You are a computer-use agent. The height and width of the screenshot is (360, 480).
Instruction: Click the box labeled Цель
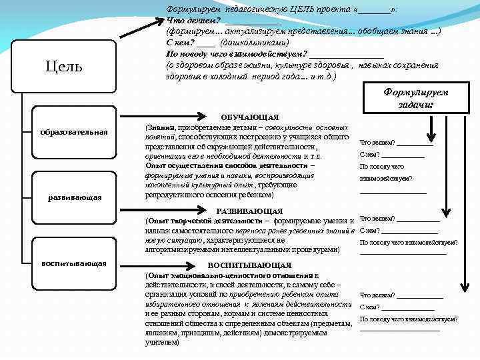click(64, 67)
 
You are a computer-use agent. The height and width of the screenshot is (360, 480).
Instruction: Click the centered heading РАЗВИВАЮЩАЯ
click(249, 211)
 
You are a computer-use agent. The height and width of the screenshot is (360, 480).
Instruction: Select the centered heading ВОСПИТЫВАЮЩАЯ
click(249, 265)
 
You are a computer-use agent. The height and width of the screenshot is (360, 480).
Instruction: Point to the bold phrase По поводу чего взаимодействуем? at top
click(237, 53)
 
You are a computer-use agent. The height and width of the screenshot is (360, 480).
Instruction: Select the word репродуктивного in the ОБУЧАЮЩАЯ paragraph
click(177, 196)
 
